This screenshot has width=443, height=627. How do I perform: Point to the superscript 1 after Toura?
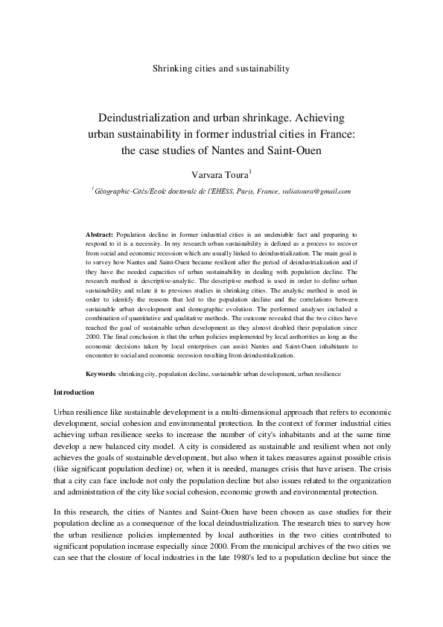pyautogui.click(x=250, y=170)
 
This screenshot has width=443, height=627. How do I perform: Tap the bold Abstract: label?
pyautogui.click(x=100, y=234)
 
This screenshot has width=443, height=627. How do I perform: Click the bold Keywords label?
pyautogui.click(x=100, y=372)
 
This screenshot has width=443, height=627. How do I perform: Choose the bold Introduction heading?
pyautogui.click(x=74, y=392)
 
